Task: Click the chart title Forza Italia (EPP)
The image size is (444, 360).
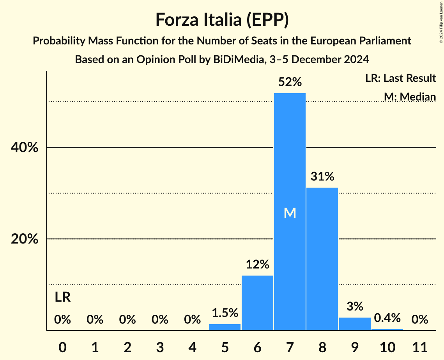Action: (x=222, y=20)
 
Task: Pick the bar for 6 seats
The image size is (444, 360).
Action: (x=257, y=303)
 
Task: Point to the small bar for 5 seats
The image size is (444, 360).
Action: (x=225, y=327)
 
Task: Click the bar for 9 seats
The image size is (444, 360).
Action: (x=355, y=324)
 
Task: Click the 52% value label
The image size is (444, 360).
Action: (x=290, y=82)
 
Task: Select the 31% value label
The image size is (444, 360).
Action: (x=322, y=177)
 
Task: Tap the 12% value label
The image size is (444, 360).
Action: (x=257, y=265)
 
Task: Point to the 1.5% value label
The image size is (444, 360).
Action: (x=225, y=313)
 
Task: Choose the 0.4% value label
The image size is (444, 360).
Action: (x=387, y=318)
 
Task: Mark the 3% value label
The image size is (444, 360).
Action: (x=355, y=307)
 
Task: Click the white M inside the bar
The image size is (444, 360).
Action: (x=290, y=213)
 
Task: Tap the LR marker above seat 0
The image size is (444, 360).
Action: (x=62, y=298)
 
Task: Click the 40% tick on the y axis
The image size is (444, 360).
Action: (x=25, y=148)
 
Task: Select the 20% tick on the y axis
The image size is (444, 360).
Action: (x=25, y=239)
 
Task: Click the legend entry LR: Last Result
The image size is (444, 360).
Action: (x=400, y=78)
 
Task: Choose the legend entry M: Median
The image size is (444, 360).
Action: (x=410, y=96)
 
